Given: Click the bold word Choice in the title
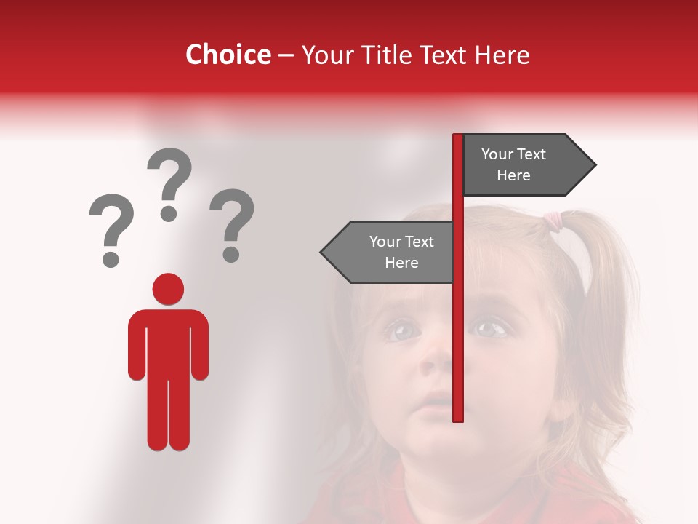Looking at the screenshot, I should [228, 55].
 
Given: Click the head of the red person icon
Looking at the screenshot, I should [168, 289].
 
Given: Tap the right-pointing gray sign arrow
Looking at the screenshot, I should [523, 165].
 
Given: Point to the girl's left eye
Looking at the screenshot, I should [492, 329].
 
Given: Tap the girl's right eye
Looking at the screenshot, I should [401, 331].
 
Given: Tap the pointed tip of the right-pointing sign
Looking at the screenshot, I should [595, 165].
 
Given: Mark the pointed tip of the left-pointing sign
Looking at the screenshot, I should [322, 253].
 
